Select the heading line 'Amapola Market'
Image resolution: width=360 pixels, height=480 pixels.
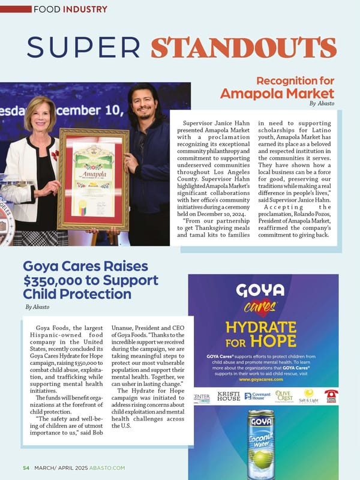tap(277, 94)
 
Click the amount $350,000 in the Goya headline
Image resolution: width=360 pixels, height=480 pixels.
tap(53, 281)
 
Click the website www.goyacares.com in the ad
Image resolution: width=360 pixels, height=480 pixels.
tap(260, 380)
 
